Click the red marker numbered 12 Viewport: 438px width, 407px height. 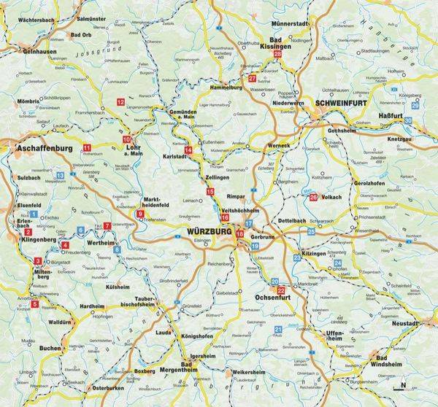[x=120, y=101]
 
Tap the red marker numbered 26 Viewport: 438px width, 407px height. [x=313, y=196]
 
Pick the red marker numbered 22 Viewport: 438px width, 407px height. [x=280, y=290]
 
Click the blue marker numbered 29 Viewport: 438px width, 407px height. [x=415, y=106]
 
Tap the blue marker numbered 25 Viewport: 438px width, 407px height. [x=311, y=231]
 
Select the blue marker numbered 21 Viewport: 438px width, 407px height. [x=278, y=330]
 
